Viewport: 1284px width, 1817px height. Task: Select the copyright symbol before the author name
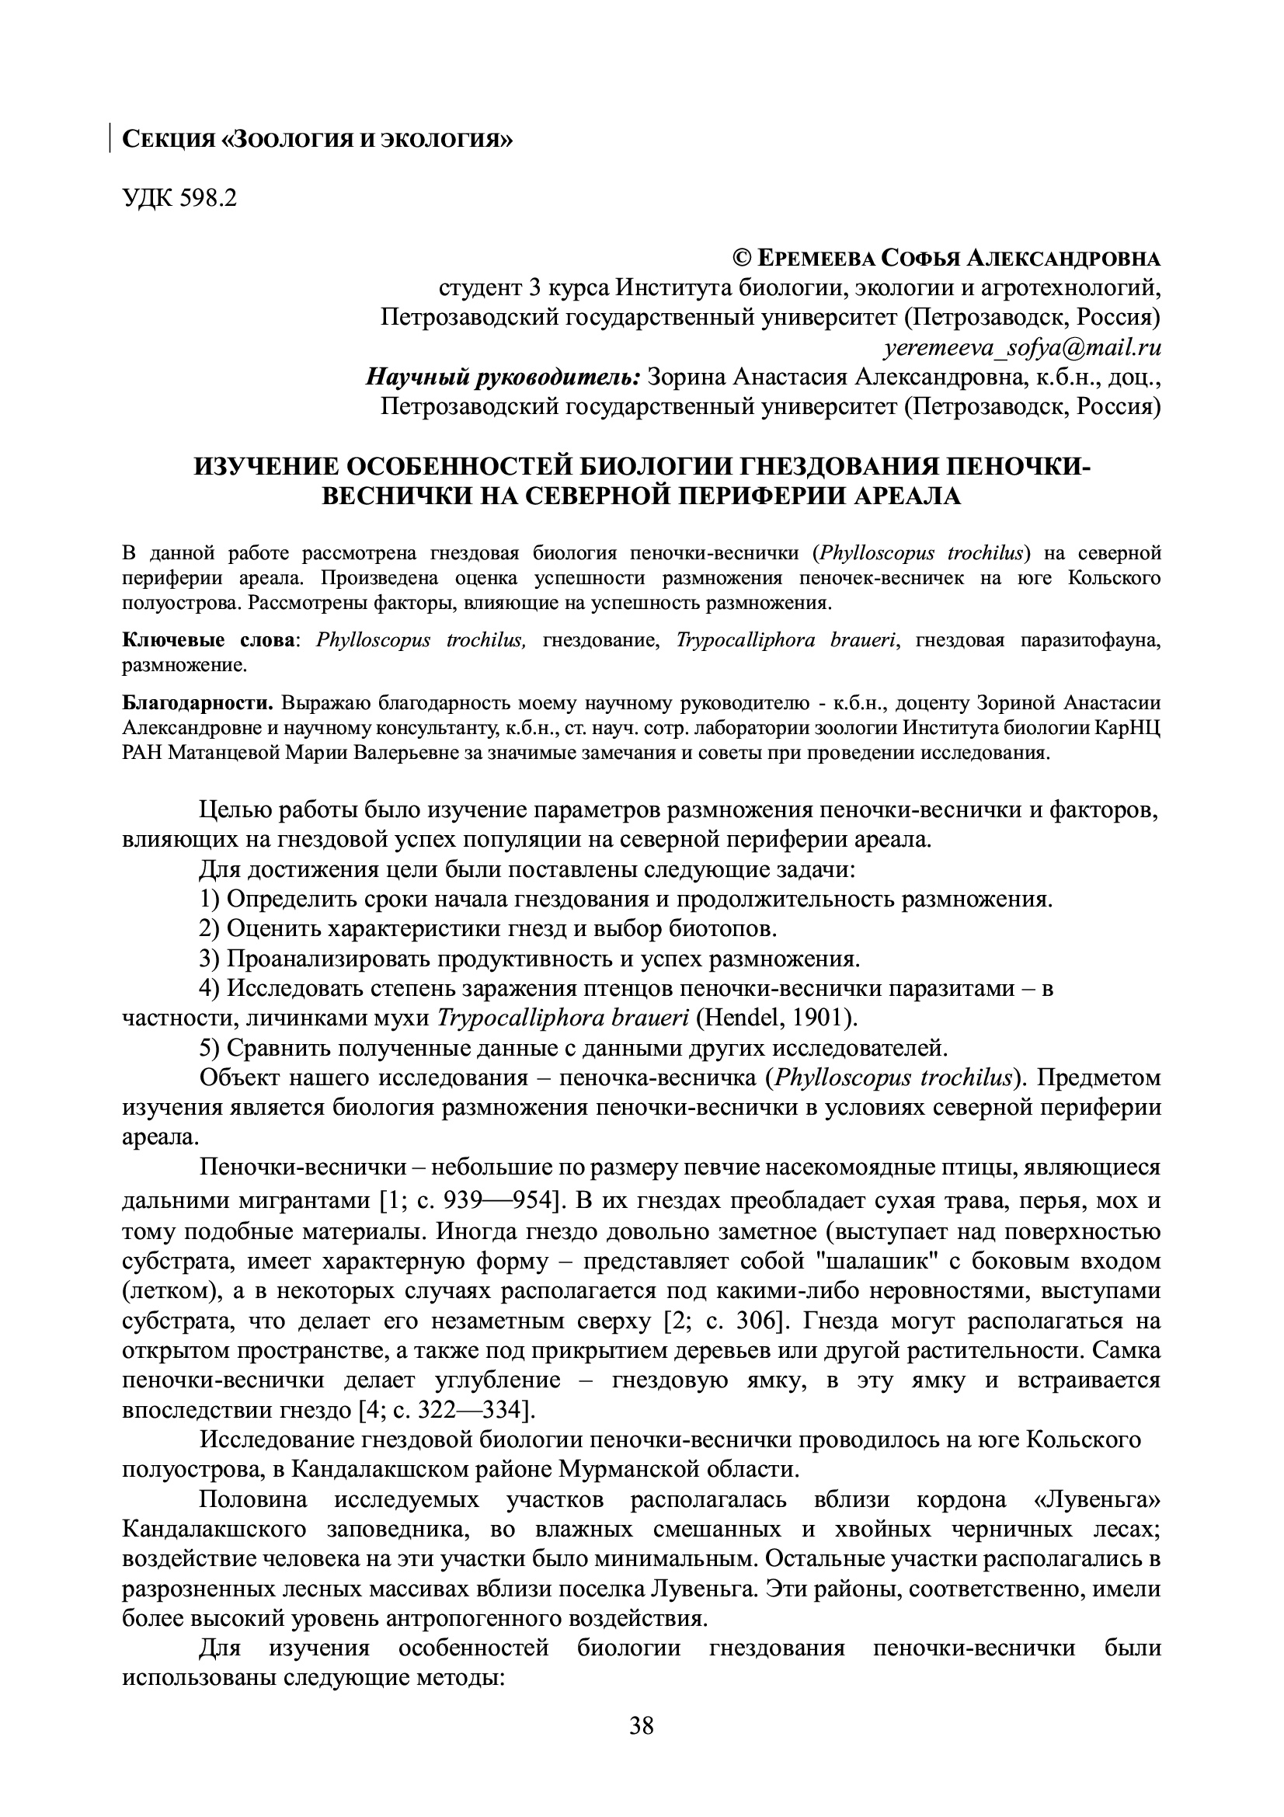click(x=742, y=258)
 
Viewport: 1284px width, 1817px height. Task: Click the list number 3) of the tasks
click(x=210, y=959)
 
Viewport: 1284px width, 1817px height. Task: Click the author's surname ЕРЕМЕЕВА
click(x=815, y=258)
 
